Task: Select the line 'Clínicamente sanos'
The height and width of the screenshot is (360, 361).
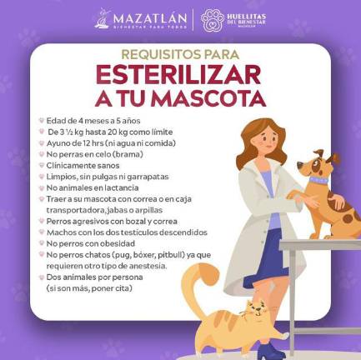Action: click(x=83, y=166)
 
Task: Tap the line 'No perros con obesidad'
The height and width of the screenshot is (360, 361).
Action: click(x=89, y=242)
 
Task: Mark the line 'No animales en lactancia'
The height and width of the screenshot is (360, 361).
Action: click(x=93, y=188)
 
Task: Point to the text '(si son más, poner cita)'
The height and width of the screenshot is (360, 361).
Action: click(x=91, y=287)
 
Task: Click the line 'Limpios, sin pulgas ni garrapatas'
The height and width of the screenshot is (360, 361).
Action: click(x=108, y=177)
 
